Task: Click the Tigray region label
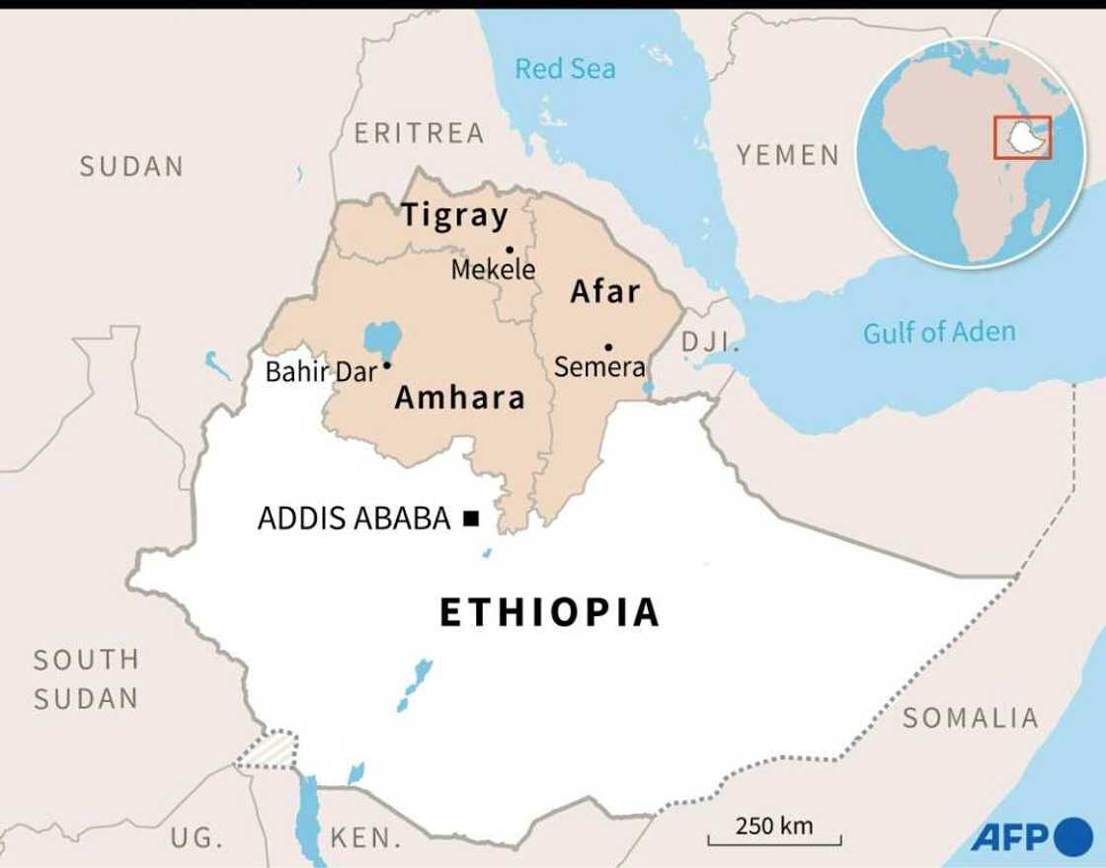coord(454,215)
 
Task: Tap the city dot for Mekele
coord(510,250)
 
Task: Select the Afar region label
coord(605,291)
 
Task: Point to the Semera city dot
coord(608,347)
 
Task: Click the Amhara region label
coord(459,398)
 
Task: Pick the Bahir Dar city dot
coord(387,365)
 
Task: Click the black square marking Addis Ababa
coord(471,517)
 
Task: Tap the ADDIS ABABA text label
coord(354,518)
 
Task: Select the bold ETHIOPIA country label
coord(549,612)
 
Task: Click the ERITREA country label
coord(419,133)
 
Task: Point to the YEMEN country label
coord(787,155)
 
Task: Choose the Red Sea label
coord(565,69)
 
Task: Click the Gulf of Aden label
coord(938,333)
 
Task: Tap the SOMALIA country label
coord(970,718)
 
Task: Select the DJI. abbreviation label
coord(710,343)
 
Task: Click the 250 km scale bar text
coord(774,826)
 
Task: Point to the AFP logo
coord(1031,837)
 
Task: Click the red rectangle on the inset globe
coord(1022,137)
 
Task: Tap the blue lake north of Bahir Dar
coord(382,338)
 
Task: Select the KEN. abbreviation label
coord(365,839)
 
